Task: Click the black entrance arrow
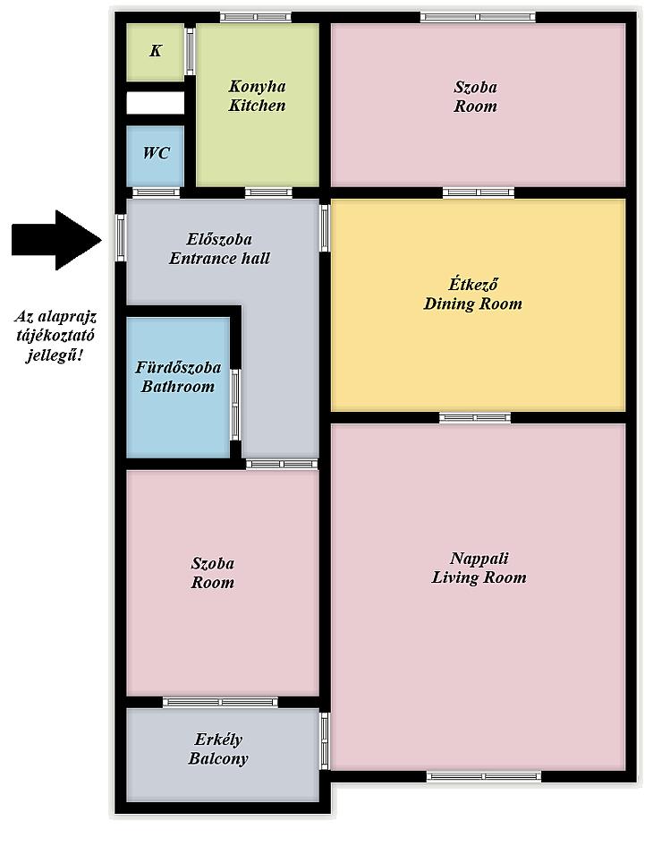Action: (56, 240)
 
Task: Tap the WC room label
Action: (156, 153)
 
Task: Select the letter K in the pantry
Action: (156, 51)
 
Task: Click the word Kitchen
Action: (257, 106)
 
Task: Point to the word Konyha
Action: (257, 87)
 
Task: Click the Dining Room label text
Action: (472, 304)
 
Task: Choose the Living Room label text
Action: (479, 577)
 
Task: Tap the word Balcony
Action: (218, 758)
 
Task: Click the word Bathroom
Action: (177, 387)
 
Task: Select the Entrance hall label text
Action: (219, 258)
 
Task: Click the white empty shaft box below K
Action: (156, 103)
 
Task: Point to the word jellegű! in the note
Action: (55, 356)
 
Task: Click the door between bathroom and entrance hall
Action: (235, 405)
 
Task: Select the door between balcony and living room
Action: (325, 741)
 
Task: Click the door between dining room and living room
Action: (475, 418)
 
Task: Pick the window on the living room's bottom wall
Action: (484, 776)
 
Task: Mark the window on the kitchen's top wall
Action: (256, 17)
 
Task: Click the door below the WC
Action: (157, 192)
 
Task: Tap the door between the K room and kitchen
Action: (190, 51)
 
